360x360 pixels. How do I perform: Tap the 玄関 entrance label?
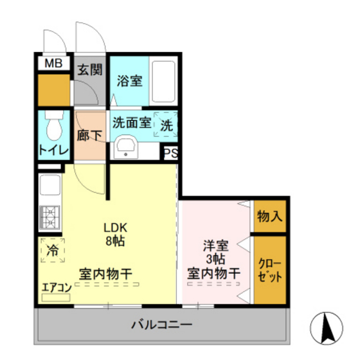click(x=90, y=70)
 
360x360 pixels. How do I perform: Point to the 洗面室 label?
click(x=132, y=122)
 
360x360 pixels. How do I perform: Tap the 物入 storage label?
click(x=269, y=216)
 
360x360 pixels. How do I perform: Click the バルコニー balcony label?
click(x=161, y=323)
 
